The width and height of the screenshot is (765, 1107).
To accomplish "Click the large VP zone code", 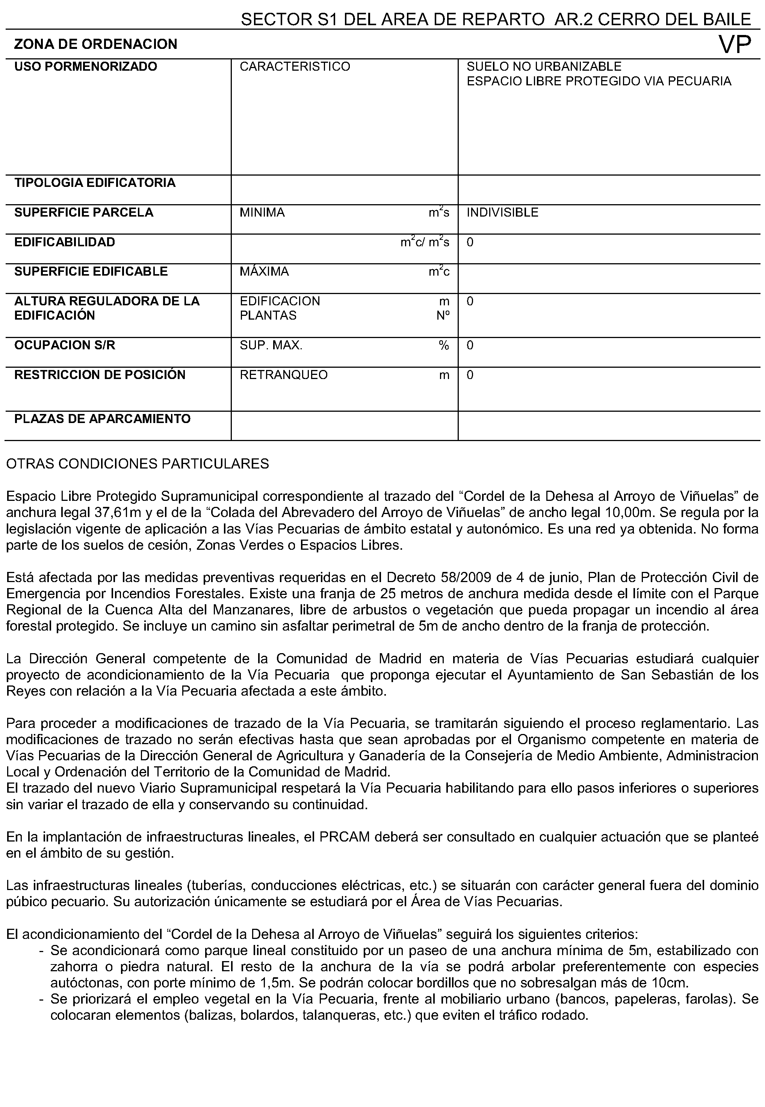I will point(735,45).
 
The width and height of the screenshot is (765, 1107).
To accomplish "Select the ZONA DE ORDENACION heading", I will point(96,44).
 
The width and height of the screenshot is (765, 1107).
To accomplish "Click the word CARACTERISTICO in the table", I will point(295,67).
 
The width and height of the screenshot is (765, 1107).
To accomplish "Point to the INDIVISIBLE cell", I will point(502,212).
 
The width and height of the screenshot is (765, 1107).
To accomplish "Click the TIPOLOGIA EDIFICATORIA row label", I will point(95,183).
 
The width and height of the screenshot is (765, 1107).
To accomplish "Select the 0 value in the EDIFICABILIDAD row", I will point(470,242).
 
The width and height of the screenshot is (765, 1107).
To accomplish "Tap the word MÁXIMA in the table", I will point(264,271).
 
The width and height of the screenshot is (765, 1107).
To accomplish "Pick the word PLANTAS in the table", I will point(268,315).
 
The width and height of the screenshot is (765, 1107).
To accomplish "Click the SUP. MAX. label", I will point(271,345).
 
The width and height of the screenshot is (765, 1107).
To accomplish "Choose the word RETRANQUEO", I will point(284,375).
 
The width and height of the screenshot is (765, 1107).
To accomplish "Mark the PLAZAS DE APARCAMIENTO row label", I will point(102,419).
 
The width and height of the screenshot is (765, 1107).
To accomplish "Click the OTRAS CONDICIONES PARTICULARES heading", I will point(138,464).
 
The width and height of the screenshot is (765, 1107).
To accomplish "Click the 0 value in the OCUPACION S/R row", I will point(470,345).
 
